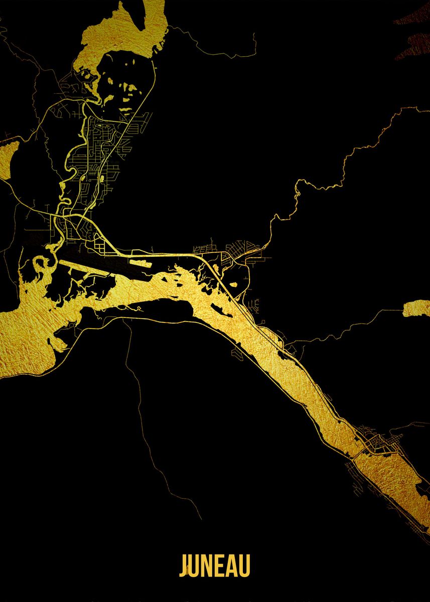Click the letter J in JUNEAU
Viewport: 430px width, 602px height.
click(184, 566)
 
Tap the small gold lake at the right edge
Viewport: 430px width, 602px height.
click(417, 309)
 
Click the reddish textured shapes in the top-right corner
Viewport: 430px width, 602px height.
click(414, 35)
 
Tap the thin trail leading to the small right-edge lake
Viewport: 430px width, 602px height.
click(351, 326)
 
